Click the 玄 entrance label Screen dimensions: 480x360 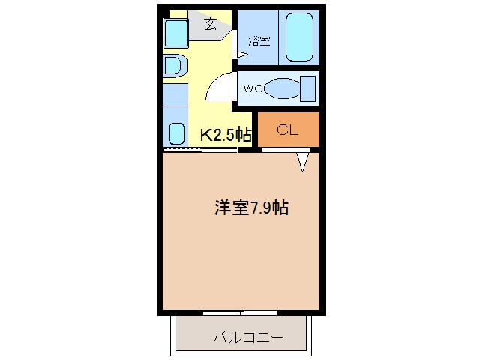pos(211,24)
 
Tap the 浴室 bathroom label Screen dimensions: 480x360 pos(259,41)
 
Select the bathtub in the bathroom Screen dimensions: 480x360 pos(300,37)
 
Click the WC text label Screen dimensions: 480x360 pos(253,88)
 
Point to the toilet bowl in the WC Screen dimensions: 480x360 pos(282,88)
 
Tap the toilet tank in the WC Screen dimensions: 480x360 pos(308,88)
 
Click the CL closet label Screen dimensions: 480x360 pos(287,130)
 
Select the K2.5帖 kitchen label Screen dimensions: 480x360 pos(226,135)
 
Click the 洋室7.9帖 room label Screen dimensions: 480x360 pos(251,208)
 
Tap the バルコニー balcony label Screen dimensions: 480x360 pos(248,337)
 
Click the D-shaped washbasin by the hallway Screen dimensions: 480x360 pos(175,66)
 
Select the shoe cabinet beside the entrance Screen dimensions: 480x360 pos(175,33)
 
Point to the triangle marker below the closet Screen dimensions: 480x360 pos(303,162)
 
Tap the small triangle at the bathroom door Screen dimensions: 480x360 pos(241,55)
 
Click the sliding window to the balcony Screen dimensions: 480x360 pos(240,313)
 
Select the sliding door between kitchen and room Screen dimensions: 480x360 pos(200,150)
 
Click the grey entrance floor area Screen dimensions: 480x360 pos(209,26)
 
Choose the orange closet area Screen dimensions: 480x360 pos(289,129)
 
